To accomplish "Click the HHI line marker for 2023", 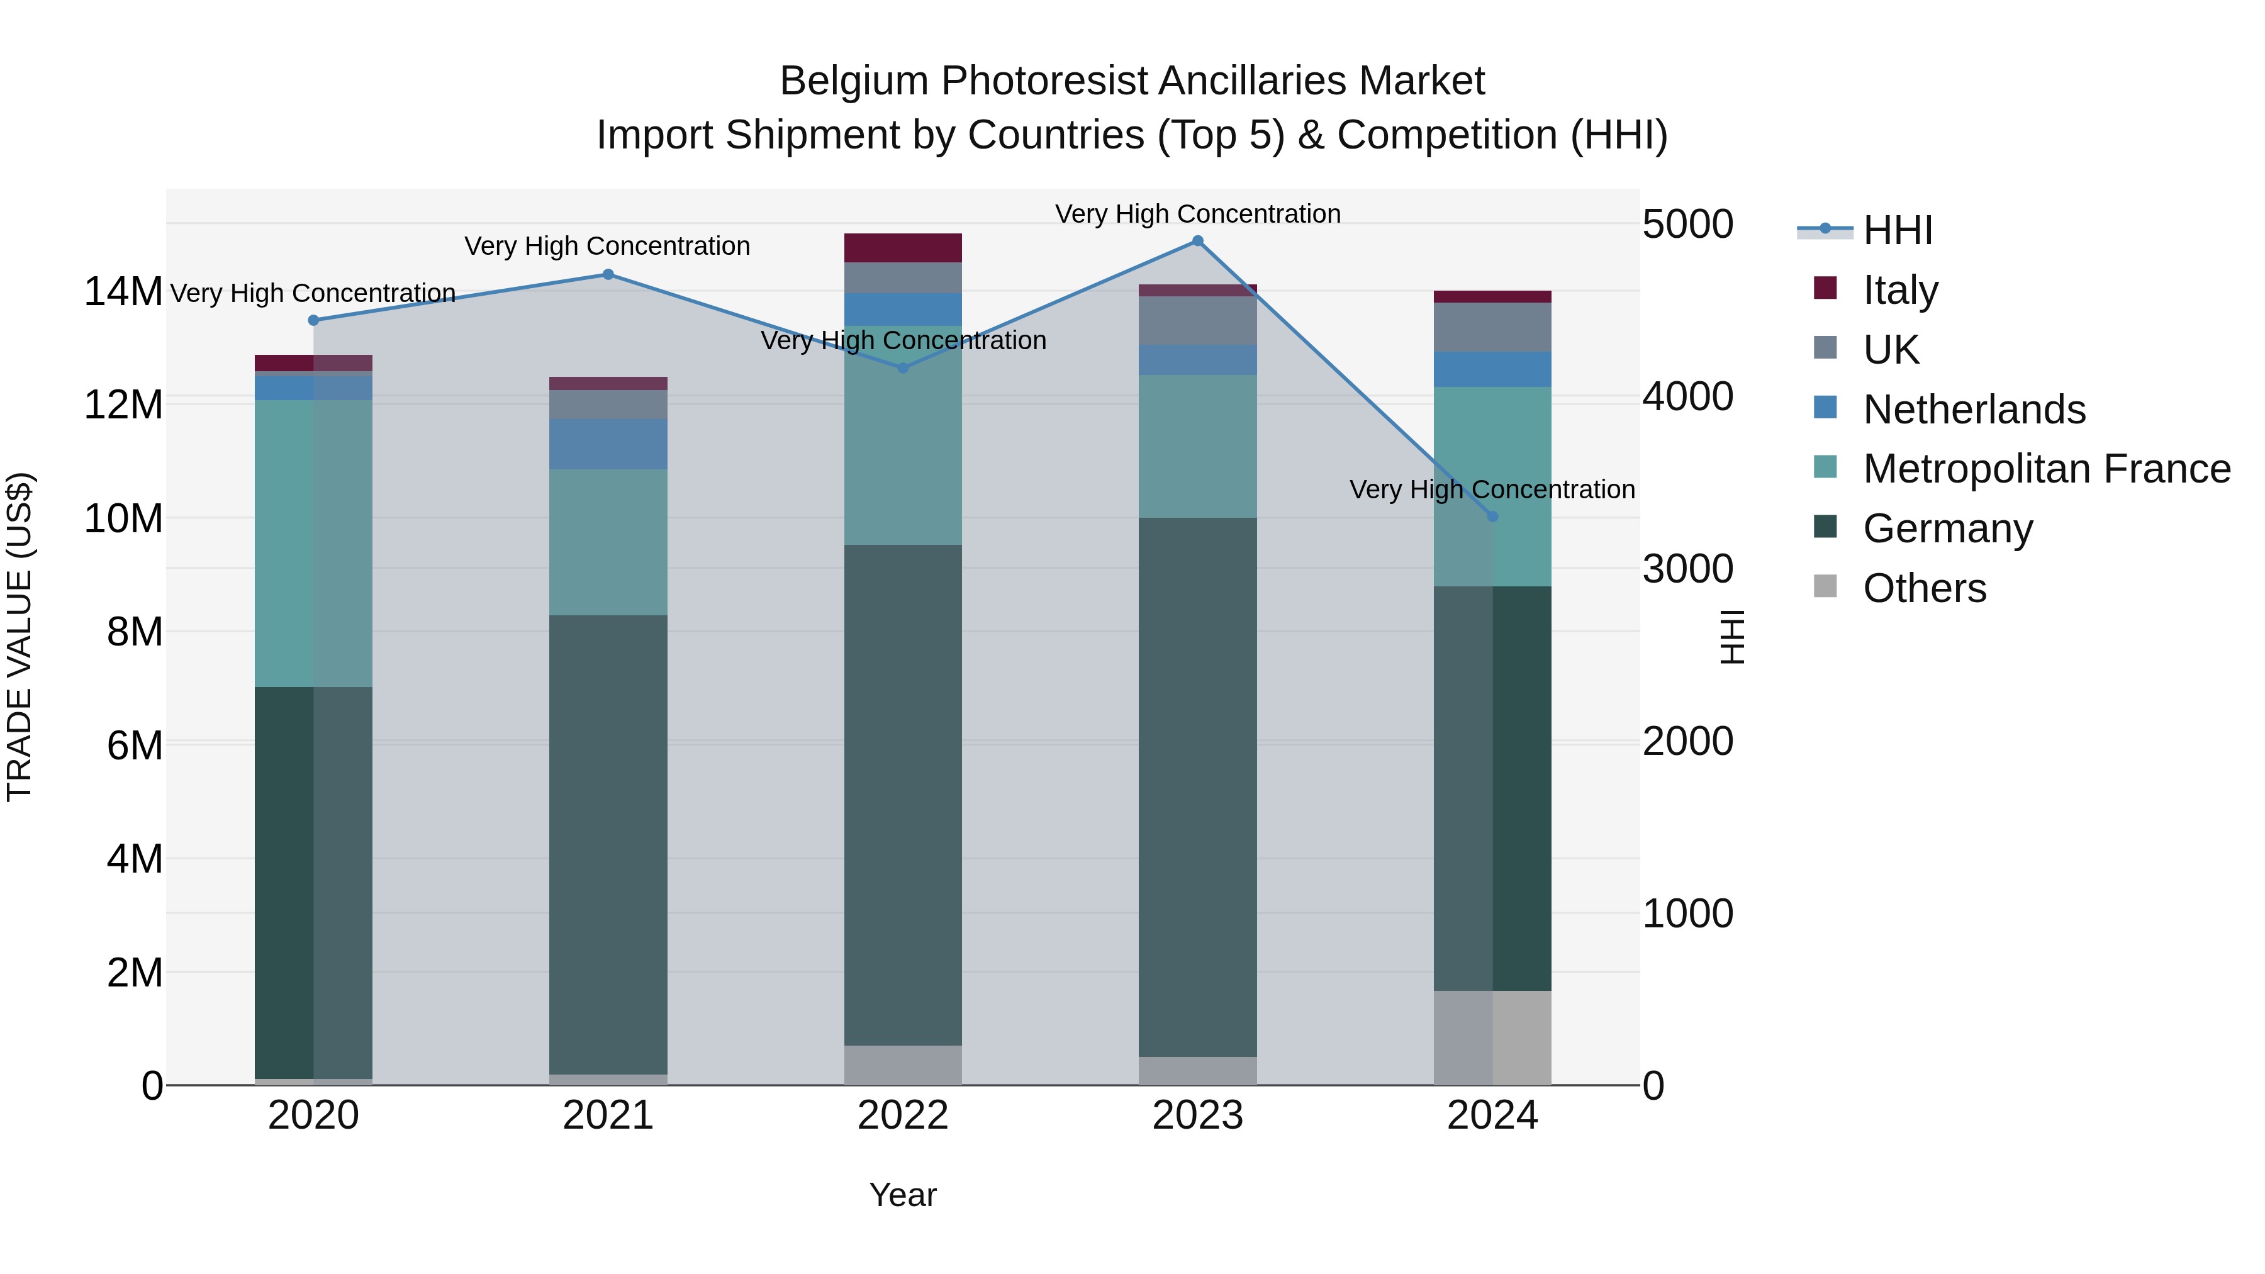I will click(x=1197, y=241).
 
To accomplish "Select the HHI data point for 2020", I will click(x=314, y=320).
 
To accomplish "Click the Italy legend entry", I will click(x=1899, y=289).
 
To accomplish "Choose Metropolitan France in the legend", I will click(x=2045, y=469).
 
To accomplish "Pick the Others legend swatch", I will click(x=1825, y=586).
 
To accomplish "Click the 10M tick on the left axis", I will click(x=123, y=519).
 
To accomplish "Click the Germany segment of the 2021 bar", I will click(x=608, y=844).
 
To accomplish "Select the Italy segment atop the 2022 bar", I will click(x=903, y=248).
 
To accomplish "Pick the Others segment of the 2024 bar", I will click(x=1492, y=1037).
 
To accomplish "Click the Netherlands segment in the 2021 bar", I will click(x=608, y=444).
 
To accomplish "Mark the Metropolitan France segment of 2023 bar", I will click(x=1197, y=446).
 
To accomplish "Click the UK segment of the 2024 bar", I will click(x=1492, y=327).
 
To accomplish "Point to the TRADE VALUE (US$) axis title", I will click(x=20, y=637).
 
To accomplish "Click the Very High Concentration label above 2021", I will click(x=608, y=246).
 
